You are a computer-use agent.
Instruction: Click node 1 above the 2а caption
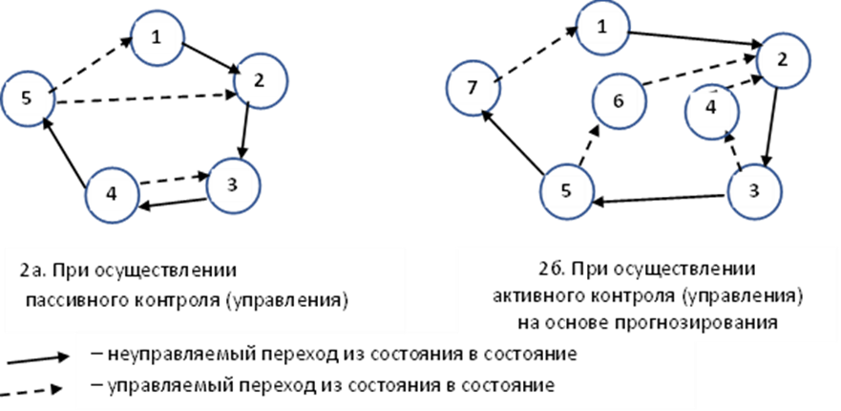[158, 37]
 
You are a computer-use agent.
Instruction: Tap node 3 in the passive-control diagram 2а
[233, 184]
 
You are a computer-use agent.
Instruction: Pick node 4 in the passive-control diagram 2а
[112, 194]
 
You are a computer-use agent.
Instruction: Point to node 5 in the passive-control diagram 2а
[27, 97]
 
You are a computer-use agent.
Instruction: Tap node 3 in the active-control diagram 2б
[754, 189]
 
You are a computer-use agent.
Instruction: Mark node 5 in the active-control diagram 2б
[566, 190]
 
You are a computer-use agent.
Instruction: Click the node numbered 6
[618, 99]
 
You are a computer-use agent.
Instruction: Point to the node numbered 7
[473, 89]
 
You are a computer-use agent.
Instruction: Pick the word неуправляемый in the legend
[166, 355]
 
